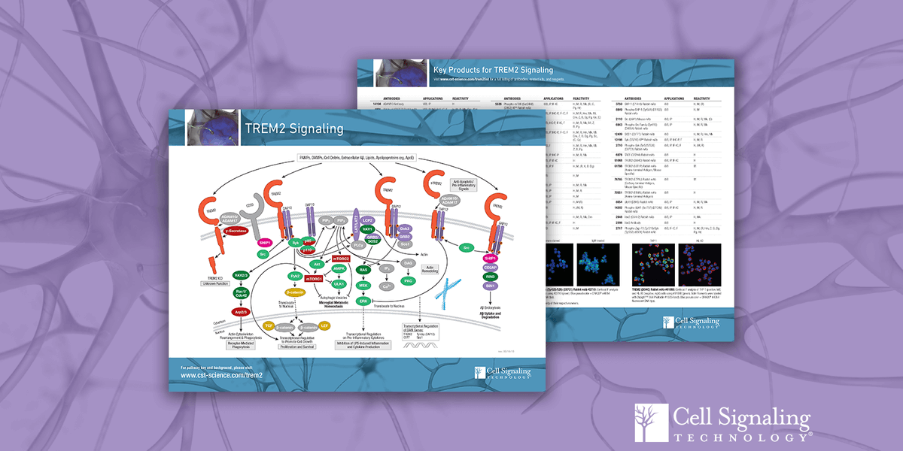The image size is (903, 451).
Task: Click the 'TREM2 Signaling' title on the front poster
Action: click(x=294, y=129)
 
